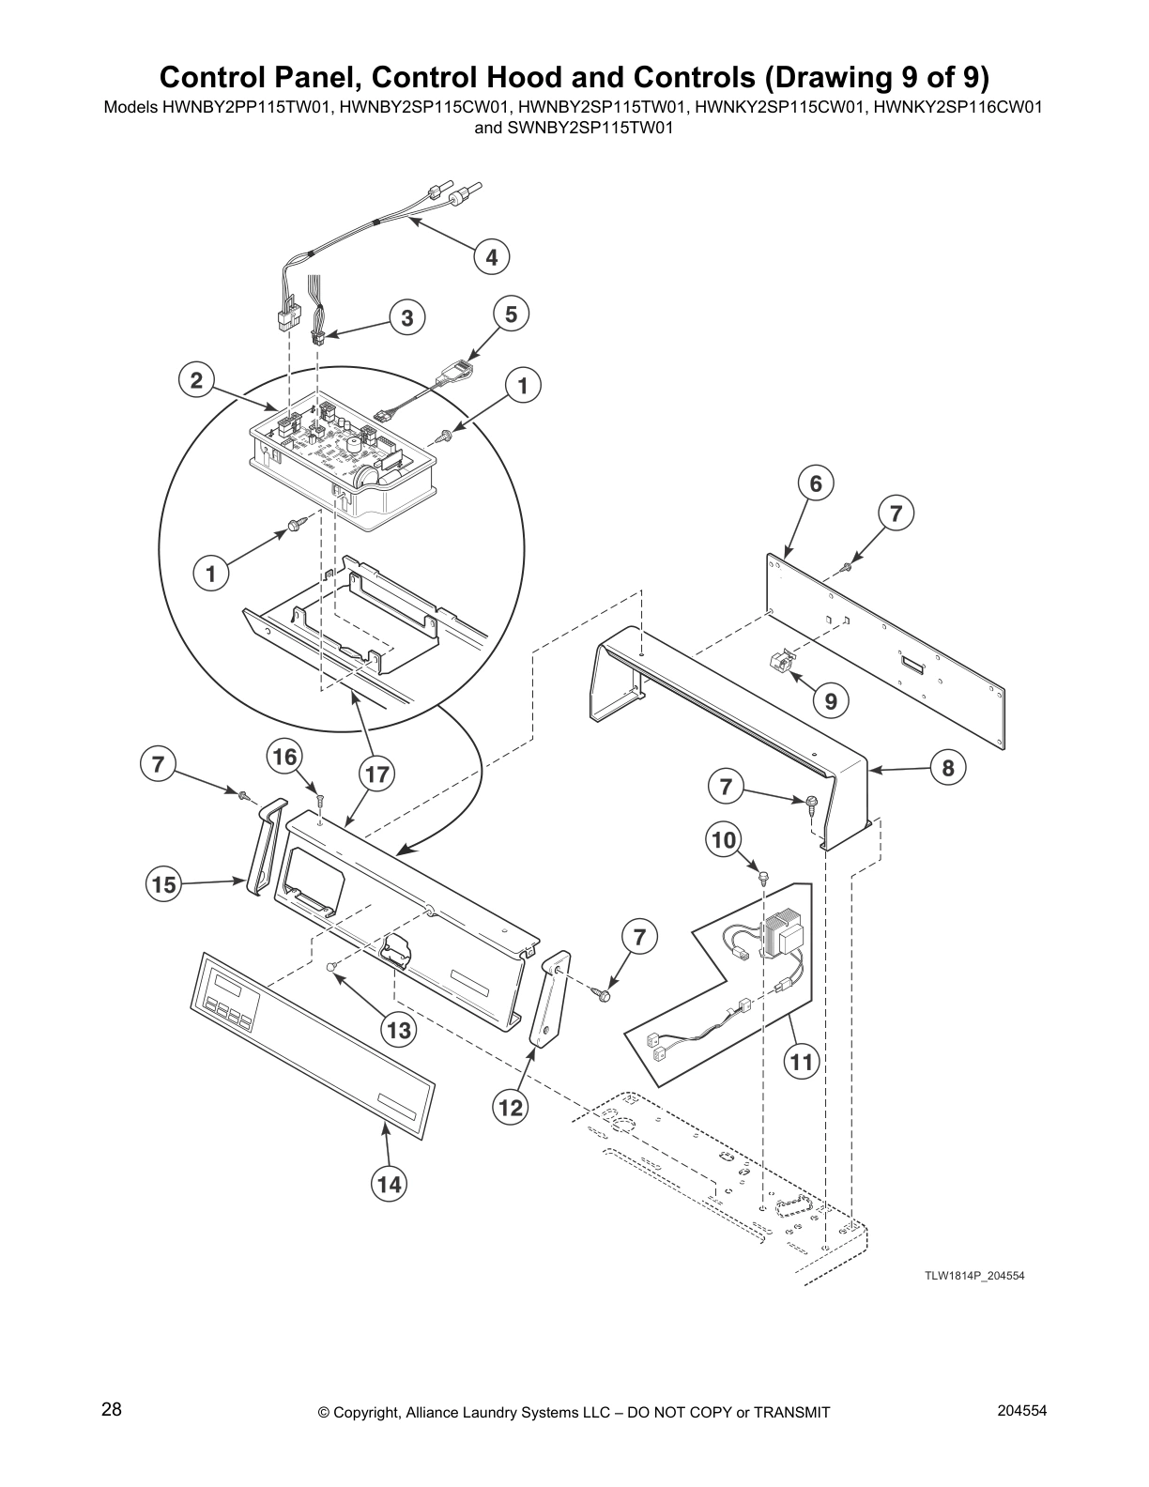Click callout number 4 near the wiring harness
coord(491,256)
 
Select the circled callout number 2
coord(196,380)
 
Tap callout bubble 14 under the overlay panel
coord(389,1185)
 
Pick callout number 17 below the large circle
coord(376,774)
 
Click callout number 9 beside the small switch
coord(831,700)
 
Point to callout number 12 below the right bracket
coord(510,1108)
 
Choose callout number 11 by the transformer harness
coord(801,1062)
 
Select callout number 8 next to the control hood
coord(948,769)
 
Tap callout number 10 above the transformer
coord(725,838)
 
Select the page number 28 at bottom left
coord(111,1410)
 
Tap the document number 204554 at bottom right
coord(1025,1410)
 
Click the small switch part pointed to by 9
coord(780,664)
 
